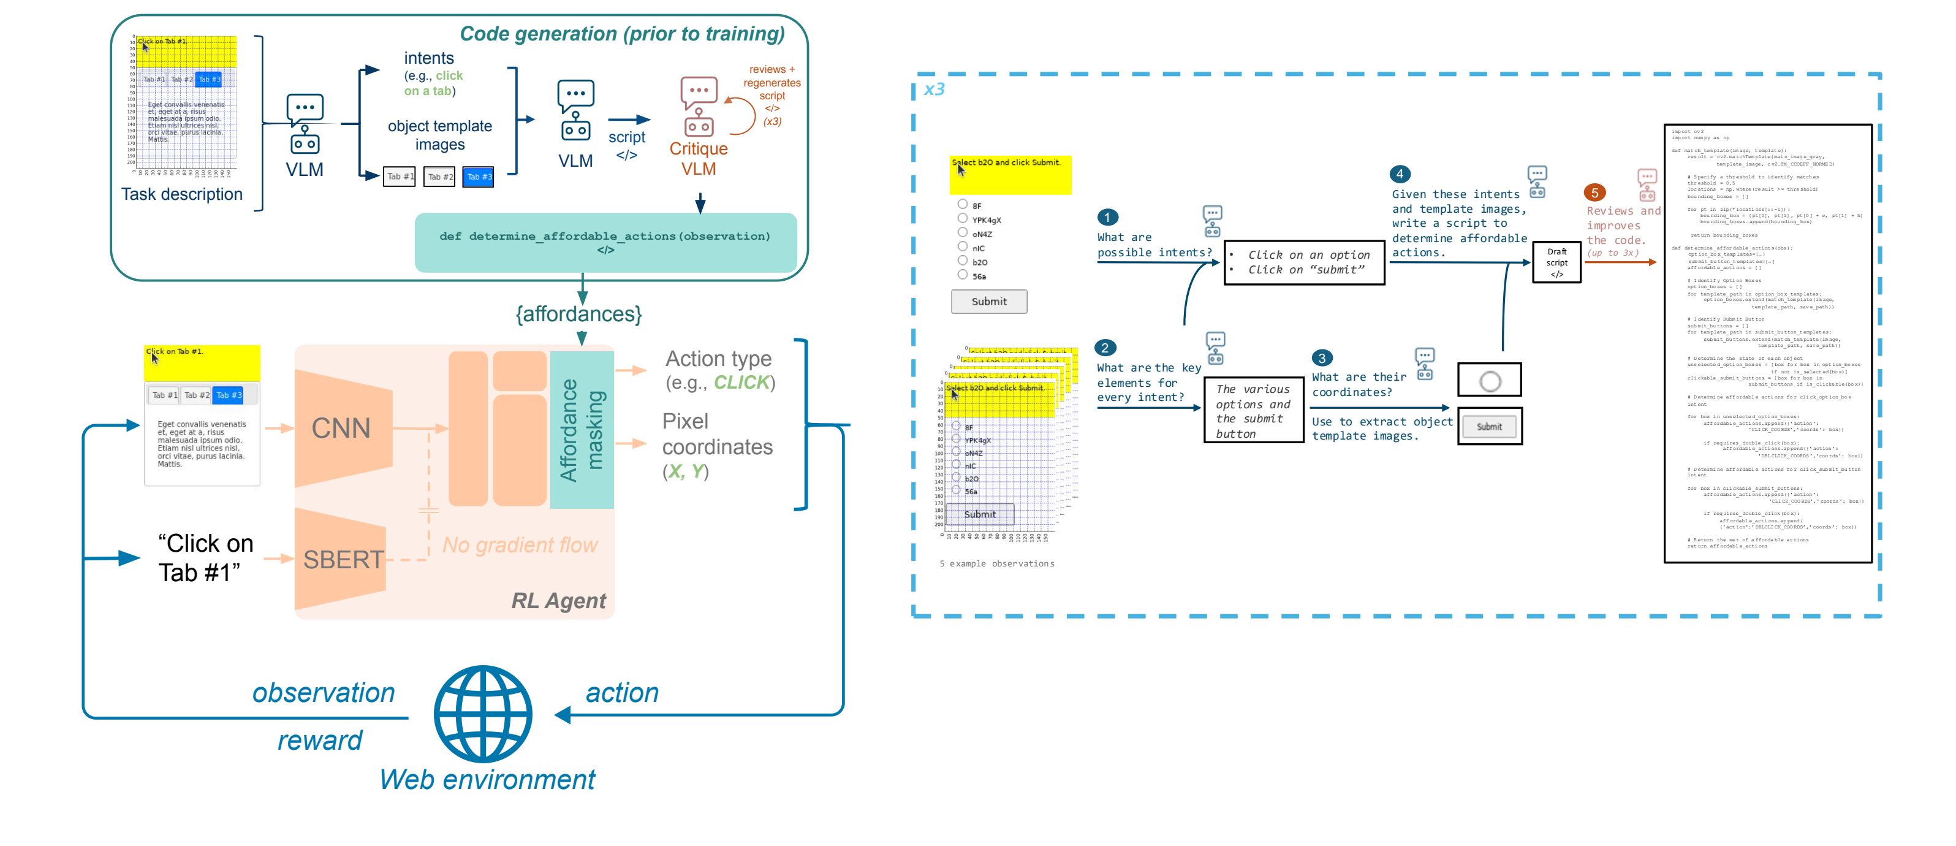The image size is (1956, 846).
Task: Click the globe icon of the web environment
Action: tap(483, 714)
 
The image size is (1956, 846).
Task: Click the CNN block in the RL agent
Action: tap(343, 429)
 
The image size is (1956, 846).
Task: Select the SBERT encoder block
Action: tap(343, 560)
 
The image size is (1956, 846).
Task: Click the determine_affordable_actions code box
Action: tap(605, 242)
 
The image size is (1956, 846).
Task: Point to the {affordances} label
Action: tap(578, 314)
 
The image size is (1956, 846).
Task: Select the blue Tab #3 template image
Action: tap(479, 177)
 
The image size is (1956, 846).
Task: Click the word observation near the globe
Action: tap(324, 693)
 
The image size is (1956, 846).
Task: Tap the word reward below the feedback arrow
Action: tap(320, 741)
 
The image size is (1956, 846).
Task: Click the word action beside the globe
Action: tap(622, 693)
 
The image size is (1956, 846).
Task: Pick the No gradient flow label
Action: tap(520, 545)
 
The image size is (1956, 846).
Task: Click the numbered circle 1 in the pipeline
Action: tap(1107, 217)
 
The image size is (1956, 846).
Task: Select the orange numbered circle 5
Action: tap(1594, 193)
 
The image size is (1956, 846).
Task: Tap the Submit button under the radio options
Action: tap(988, 302)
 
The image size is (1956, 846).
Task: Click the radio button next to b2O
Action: tap(963, 261)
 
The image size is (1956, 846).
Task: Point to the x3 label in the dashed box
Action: tap(934, 90)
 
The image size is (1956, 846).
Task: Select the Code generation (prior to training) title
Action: tap(622, 34)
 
